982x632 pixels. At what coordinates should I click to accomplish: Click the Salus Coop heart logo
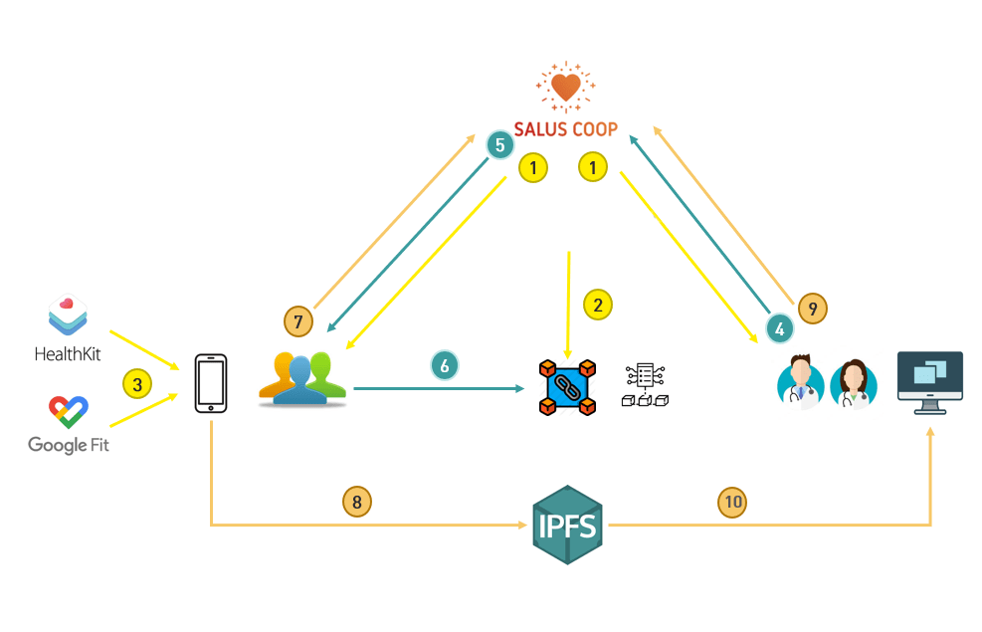pyautogui.click(x=565, y=88)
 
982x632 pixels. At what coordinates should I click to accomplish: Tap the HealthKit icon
pyautogui.click(x=68, y=316)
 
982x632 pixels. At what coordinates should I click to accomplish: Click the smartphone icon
pyautogui.click(x=211, y=383)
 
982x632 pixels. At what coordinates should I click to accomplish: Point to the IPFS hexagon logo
pyautogui.click(x=567, y=525)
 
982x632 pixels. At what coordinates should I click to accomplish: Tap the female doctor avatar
pyautogui.click(x=854, y=384)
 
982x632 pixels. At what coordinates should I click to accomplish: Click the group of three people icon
pyautogui.click(x=301, y=379)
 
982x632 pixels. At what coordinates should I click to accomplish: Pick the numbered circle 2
pyautogui.click(x=597, y=305)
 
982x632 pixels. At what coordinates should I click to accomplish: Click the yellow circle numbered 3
pyautogui.click(x=138, y=382)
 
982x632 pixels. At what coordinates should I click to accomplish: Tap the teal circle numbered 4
pyautogui.click(x=780, y=325)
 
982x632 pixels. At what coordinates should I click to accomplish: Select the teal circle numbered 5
pyautogui.click(x=500, y=145)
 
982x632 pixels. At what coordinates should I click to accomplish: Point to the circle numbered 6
pyautogui.click(x=445, y=365)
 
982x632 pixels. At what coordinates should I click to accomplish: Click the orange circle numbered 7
pyautogui.click(x=298, y=321)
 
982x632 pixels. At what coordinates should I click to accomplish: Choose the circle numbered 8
pyautogui.click(x=357, y=502)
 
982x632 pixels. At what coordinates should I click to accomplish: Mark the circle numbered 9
pyautogui.click(x=813, y=309)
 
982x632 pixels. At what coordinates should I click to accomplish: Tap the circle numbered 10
pyautogui.click(x=732, y=502)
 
